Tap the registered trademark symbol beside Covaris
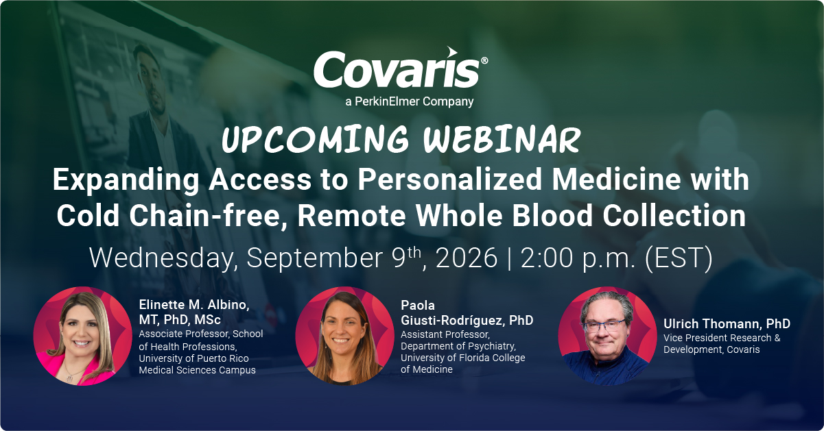click(484, 60)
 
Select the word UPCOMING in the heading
click(315, 139)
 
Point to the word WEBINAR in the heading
click(502, 140)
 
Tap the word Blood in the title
click(552, 216)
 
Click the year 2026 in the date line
click(467, 258)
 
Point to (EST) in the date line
click(679, 259)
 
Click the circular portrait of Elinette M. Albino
click(82, 336)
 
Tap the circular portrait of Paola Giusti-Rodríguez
click(344, 336)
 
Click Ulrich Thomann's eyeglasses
click(604, 325)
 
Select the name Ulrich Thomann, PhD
click(727, 323)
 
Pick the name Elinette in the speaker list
click(161, 305)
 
